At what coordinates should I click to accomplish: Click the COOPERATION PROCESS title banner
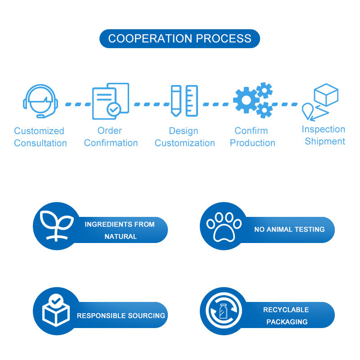click(x=180, y=39)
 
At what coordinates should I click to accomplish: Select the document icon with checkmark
click(x=110, y=101)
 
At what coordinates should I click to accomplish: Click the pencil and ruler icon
click(x=184, y=101)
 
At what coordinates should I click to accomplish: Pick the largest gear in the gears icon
click(x=246, y=100)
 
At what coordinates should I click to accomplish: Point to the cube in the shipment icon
click(x=326, y=94)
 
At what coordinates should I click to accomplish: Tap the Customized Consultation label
click(x=40, y=137)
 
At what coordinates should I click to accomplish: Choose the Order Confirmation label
click(x=111, y=137)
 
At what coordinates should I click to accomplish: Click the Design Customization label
click(x=184, y=137)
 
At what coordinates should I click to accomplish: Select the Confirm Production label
click(x=252, y=137)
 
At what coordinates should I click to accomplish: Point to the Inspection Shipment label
click(x=324, y=135)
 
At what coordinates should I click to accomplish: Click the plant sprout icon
click(x=56, y=225)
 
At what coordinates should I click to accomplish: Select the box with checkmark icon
click(x=56, y=310)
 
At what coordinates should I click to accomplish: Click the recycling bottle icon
click(x=223, y=311)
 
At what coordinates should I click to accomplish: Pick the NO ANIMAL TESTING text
click(x=289, y=229)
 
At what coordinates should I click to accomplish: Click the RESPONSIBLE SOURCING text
click(x=121, y=316)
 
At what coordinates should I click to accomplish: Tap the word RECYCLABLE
click(x=286, y=310)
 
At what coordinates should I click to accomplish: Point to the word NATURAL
click(x=121, y=236)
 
